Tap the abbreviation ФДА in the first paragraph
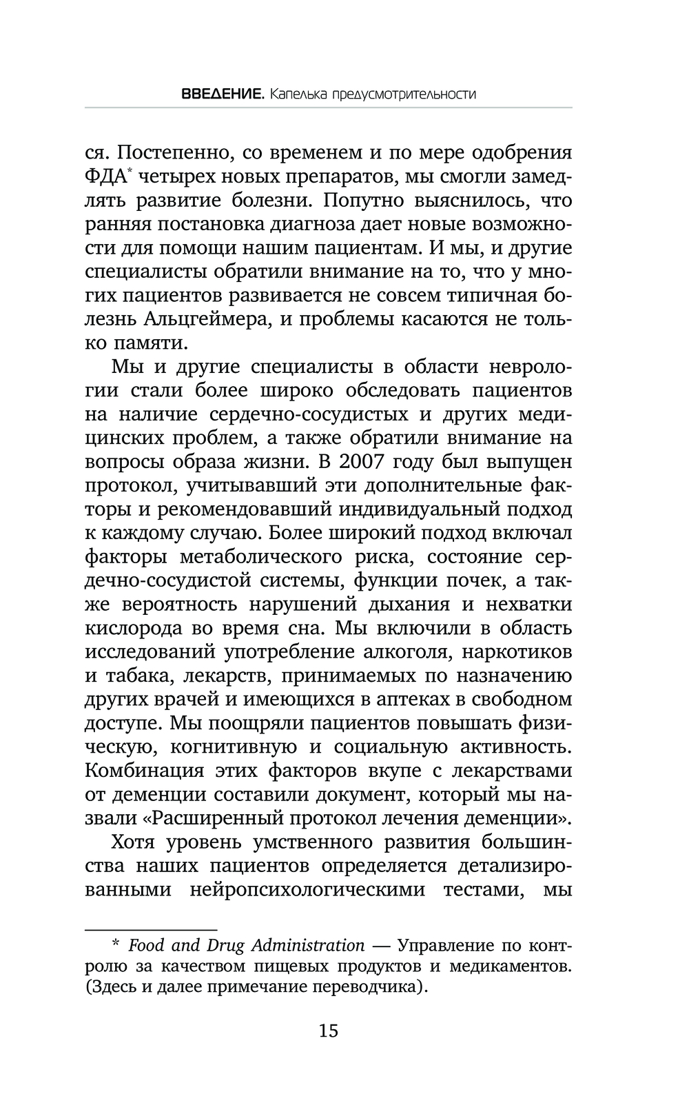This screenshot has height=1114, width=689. pyautogui.click(x=105, y=176)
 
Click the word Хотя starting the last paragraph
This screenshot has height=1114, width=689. pyautogui.click(x=138, y=842)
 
